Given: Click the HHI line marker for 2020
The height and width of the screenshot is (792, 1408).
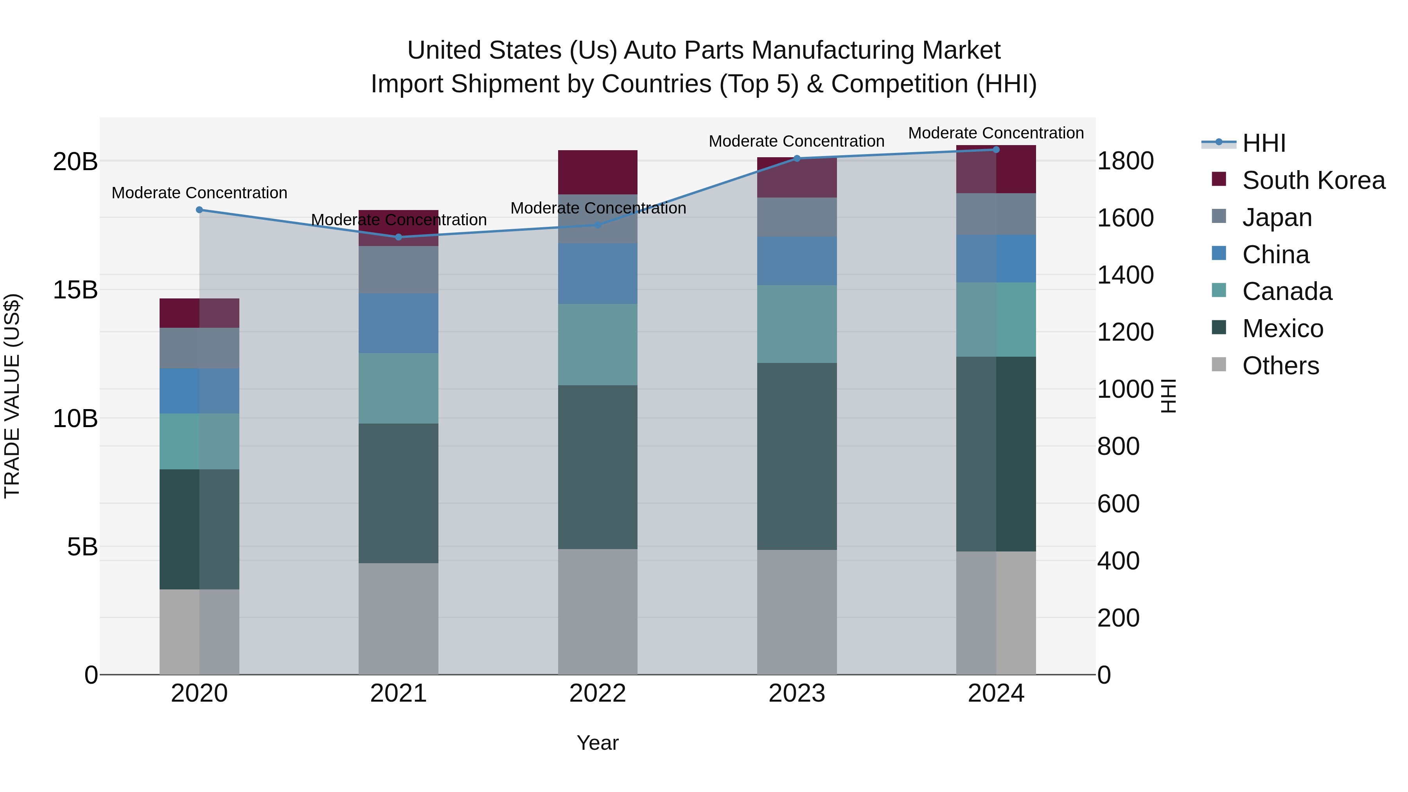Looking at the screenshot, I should [x=199, y=210].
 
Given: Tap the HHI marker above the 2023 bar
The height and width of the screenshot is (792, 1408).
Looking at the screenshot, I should [x=797, y=158].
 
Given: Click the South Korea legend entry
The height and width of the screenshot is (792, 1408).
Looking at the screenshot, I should [x=1313, y=180].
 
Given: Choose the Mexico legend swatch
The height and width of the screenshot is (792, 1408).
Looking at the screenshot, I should [x=1219, y=328].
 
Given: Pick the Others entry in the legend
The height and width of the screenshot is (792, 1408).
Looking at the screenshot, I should [x=1280, y=366].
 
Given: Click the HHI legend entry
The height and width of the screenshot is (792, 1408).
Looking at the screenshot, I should [x=1263, y=143].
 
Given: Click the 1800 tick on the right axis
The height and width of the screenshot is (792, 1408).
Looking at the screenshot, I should [x=1125, y=161].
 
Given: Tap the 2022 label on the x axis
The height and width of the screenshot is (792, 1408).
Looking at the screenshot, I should [x=597, y=693].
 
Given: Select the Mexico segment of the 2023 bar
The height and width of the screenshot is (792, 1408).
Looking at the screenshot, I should [x=797, y=456].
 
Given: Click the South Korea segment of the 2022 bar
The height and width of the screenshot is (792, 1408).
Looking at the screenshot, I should [x=597, y=172].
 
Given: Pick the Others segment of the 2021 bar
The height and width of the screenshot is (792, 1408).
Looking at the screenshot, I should [x=399, y=619].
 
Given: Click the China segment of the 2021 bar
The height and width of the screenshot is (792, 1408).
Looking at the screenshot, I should [x=399, y=323].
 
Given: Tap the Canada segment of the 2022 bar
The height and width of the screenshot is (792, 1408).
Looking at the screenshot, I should [x=597, y=344].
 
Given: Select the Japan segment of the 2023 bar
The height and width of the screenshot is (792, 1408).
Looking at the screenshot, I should [x=797, y=217].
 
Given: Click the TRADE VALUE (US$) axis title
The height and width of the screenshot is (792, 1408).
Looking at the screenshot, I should [x=12, y=396].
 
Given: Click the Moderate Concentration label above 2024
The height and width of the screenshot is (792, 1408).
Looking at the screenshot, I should [x=996, y=133].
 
